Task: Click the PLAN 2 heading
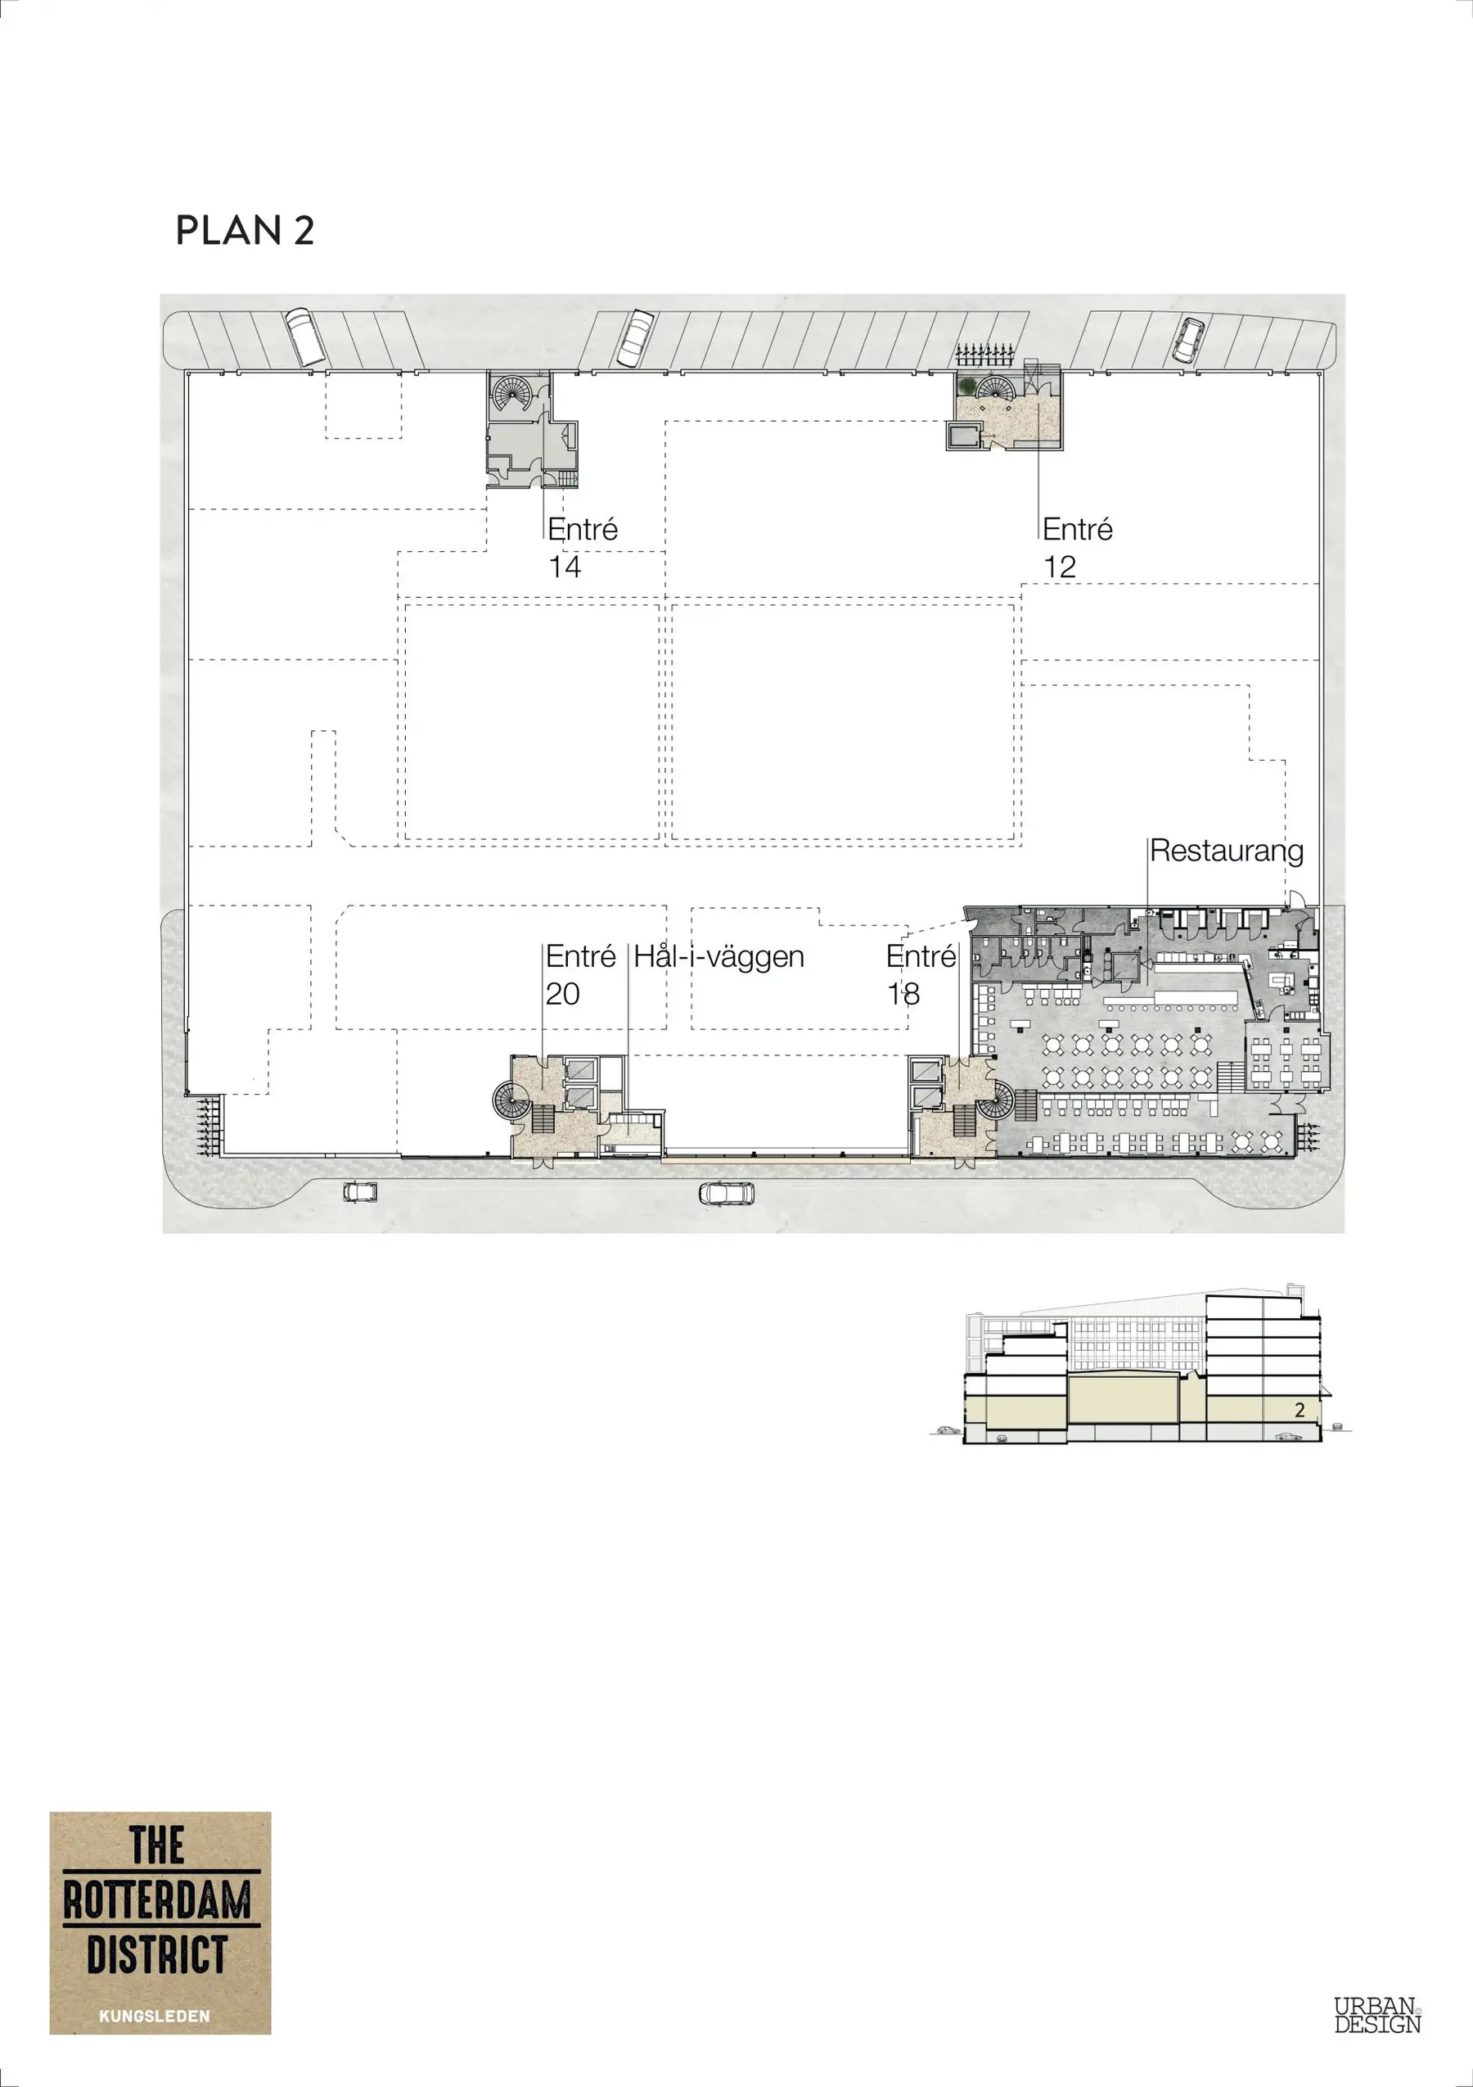pos(245,230)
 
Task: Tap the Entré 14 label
pos(583,548)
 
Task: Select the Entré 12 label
pos(1078,548)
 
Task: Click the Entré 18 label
pos(921,975)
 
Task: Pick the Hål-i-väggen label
pos(718,957)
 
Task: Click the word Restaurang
pos(1227,852)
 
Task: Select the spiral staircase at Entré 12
pos(996,388)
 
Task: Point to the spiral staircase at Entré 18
pos(997,1100)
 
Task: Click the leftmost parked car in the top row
pos(305,337)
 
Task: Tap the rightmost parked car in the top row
pos(1187,339)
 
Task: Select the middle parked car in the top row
pos(635,337)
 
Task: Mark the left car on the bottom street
pos(361,1190)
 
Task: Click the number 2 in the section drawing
pos(1300,1410)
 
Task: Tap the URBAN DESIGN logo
pos(1376,2015)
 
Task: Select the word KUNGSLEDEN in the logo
pos(155,2016)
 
